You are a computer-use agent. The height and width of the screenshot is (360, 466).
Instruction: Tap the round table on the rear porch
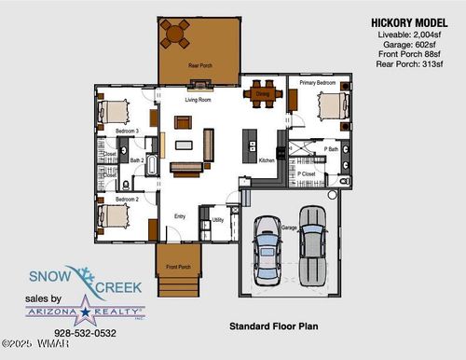(173, 35)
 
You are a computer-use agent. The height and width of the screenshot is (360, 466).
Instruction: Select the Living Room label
(198, 98)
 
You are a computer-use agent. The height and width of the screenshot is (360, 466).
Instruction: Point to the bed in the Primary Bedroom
(329, 105)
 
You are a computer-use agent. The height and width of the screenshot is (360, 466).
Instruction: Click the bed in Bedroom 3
(116, 112)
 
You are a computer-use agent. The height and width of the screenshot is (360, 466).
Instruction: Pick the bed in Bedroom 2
(116, 217)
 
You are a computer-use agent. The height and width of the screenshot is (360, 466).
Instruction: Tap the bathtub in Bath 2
(152, 168)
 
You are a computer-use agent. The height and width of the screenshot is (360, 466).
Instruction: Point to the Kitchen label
(265, 160)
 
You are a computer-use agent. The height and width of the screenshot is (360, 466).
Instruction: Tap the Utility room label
(218, 219)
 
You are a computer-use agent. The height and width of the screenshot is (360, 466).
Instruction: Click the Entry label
(179, 216)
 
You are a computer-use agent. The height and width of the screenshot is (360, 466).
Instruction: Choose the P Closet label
(306, 174)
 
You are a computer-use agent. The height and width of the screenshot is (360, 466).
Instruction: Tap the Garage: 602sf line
(406, 42)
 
